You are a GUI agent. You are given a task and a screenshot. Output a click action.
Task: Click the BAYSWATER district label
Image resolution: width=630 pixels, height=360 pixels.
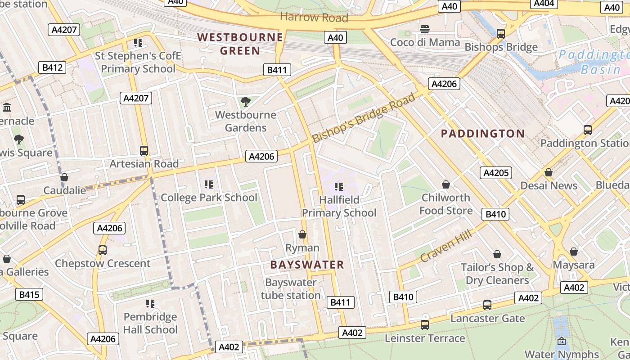pos(307,265)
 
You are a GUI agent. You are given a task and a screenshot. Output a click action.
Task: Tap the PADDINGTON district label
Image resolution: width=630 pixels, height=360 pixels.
pos(482,134)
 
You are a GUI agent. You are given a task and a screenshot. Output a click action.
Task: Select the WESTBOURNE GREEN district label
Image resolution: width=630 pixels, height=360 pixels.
pos(240,44)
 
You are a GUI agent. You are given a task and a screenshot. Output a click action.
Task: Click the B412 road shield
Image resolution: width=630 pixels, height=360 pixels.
pos(52,67)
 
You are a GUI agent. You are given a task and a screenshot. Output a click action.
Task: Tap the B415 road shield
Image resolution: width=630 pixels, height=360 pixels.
pos(29,295)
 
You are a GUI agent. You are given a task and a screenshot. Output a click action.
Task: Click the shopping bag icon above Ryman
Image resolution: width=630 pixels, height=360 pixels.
pos(302,234)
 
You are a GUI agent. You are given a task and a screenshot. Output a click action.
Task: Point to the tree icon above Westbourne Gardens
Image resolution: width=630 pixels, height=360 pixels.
pos(245,102)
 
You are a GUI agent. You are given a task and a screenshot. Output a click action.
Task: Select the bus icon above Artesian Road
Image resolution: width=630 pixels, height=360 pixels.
pos(144,151)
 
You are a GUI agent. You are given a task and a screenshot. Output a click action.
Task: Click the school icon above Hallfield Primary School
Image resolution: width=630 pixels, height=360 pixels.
pos(339,186)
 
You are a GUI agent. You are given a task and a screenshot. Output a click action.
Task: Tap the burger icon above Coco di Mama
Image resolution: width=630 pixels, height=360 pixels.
pos(425,30)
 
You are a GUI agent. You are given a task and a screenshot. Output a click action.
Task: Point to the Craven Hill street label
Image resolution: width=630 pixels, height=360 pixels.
pos(446,246)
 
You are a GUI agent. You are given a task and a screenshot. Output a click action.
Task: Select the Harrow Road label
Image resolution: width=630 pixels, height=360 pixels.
pos(314,18)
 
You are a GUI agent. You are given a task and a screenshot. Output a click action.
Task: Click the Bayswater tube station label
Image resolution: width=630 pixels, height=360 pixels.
pos(291,289)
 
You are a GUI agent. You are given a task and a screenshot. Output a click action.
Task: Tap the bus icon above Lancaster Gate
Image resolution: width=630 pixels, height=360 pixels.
pos(487,305)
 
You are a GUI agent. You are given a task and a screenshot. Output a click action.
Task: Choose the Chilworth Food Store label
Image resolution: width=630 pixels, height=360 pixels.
pos(446,204)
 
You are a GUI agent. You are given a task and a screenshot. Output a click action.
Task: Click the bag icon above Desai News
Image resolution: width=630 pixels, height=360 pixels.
pos(548,172)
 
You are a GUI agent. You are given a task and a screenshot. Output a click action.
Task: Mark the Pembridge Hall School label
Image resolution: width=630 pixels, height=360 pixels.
pos(150,323)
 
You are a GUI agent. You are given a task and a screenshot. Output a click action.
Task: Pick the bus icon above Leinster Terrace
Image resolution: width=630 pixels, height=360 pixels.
pos(424,324)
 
